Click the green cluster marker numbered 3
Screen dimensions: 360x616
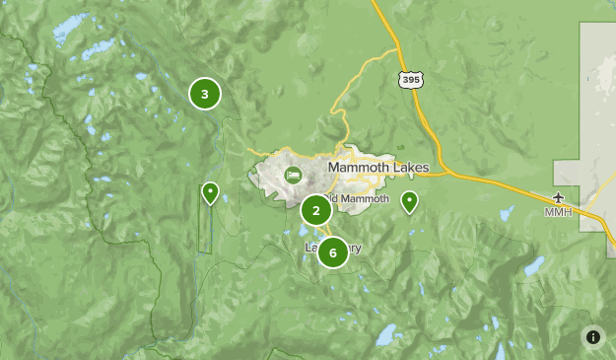204,95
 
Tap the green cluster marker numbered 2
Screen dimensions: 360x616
315,210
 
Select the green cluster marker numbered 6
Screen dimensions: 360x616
332,252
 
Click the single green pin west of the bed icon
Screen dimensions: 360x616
210,191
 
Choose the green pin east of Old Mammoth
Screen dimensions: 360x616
409,201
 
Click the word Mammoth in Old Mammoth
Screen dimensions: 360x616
370,199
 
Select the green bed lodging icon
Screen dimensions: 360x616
293,176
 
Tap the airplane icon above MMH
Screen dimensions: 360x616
559,197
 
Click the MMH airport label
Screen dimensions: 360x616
558,212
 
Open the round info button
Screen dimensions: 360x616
593,336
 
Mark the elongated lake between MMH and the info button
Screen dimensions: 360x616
533,266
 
